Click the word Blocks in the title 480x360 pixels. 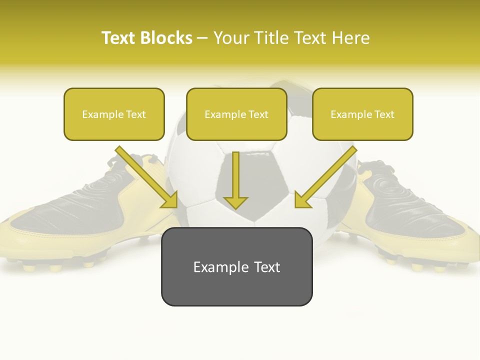[166, 38]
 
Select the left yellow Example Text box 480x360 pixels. [114, 114]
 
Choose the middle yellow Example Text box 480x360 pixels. [236, 114]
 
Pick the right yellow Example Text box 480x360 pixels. [362, 114]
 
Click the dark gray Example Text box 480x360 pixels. [236, 266]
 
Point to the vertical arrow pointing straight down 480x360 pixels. [235, 180]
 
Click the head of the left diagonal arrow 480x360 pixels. [170, 200]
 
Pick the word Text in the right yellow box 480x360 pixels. [384, 114]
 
